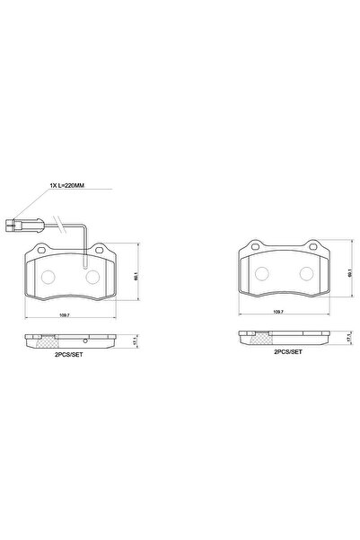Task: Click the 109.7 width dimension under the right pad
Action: pyautogui.click(x=277, y=311)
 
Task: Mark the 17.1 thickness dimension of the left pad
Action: pyautogui.click(x=135, y=341)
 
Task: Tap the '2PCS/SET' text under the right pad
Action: pyautogui.click(x=288, y=353)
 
